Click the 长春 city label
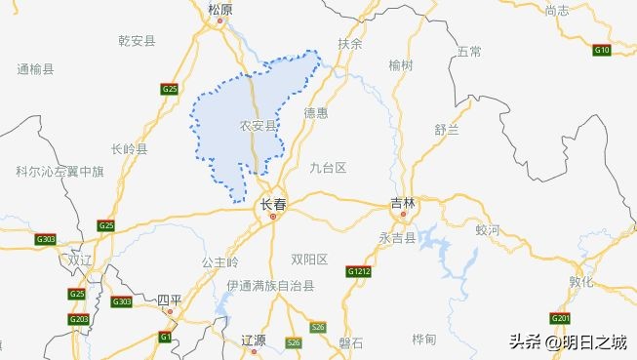pos(272,205)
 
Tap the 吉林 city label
pos(403,204)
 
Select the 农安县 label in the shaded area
pos(258,126)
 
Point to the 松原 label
pos(220,9)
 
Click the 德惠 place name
pos(315,113)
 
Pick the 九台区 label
pos(328,168)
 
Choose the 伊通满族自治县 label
pos(270,286)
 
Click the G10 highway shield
pos(602,49)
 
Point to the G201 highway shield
pos(560,318)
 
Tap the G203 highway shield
pos(79,319)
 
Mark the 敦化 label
pos(581,281)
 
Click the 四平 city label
pos(170,300)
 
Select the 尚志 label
pos(557,10)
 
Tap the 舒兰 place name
pos(447,129)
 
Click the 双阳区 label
pos(309,259)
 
